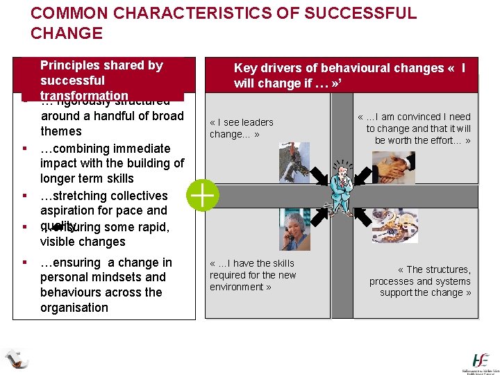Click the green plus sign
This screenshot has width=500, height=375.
pos(203,196)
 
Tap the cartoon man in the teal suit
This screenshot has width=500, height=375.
pos(341,187)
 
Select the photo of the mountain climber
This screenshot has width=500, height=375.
pos(294,162)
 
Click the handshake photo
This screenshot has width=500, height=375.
pos(393,167)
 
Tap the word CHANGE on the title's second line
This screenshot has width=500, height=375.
pos(67,33)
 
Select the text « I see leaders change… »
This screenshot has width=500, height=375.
pos(242,128)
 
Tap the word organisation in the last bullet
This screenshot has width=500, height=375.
pos(74,308)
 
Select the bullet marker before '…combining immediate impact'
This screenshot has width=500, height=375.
pos(24,149)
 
